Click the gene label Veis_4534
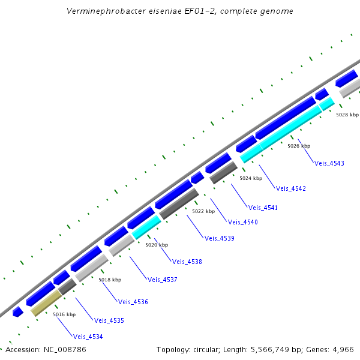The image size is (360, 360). [88, 337]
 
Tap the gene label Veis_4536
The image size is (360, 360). [133, 302]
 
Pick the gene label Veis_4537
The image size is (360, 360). [162, 280]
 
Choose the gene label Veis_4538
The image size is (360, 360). [187, 262]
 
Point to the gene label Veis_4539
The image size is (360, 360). [219, 238]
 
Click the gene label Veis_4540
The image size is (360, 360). [242, 223]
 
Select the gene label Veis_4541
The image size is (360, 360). [263, 208]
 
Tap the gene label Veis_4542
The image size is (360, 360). [291, 188]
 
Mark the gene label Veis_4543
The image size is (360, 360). [329, 163]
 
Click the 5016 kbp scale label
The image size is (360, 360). [64, 314]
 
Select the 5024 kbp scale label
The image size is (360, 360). [251, 178]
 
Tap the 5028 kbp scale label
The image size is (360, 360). [347, 115]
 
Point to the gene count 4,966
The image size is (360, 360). [343, 349]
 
